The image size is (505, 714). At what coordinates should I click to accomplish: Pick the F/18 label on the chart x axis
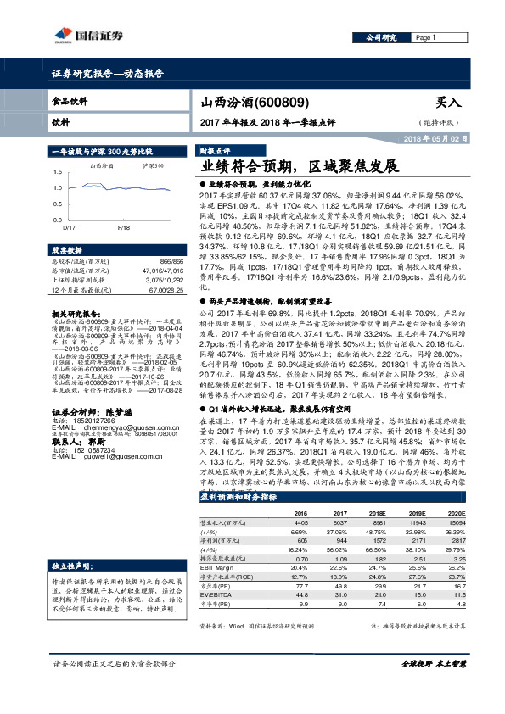[x=123, y=228]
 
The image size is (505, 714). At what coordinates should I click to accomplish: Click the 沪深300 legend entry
[x=152, y=165]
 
